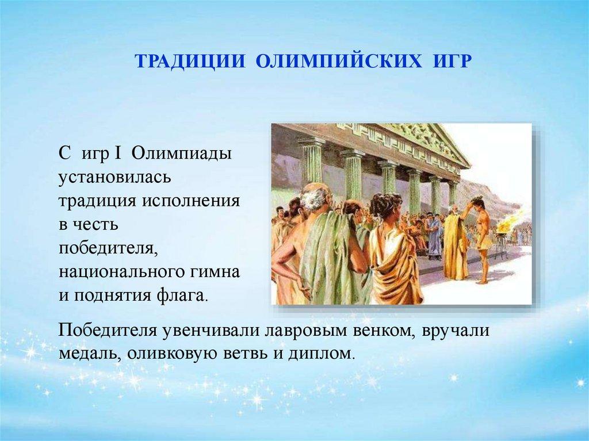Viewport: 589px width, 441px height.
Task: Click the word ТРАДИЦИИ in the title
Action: click(190, 62)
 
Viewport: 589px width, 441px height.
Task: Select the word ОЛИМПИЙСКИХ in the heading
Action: click(339, 62)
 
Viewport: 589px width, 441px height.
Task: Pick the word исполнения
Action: click(190, 201)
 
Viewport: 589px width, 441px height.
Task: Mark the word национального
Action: click(121, 271)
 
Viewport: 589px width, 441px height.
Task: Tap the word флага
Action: click(181, 296)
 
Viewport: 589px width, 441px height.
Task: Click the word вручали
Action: click(456, 331)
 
